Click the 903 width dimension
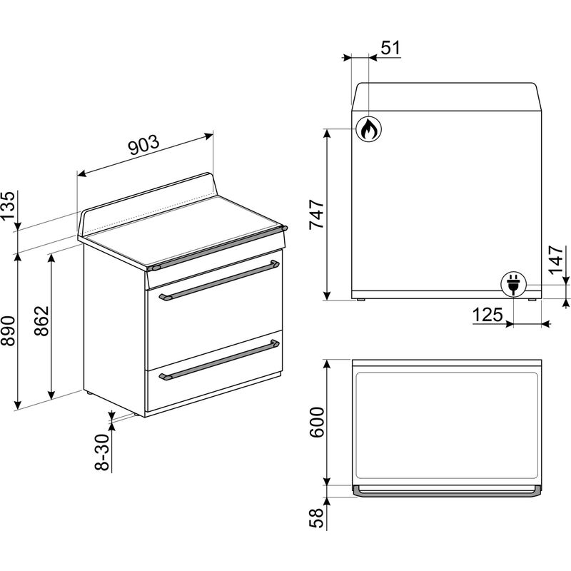point(144,145)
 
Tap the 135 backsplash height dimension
point(9,206)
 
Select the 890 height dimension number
point(9,330)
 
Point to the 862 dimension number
point(41,320)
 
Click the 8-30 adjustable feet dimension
point(102,453)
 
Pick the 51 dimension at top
point(390,48)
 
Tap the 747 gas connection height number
point(316,215)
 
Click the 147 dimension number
point(555,260)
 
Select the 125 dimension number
point(487,315)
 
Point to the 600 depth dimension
point(316,423)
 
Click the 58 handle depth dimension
point(316,517)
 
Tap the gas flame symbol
point(368,130)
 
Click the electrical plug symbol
point(513,283)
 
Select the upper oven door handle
point(219,279)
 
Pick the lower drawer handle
point(219,360)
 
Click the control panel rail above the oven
point(218,248)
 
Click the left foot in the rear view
point(361,300)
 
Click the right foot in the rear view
point(532,300)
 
